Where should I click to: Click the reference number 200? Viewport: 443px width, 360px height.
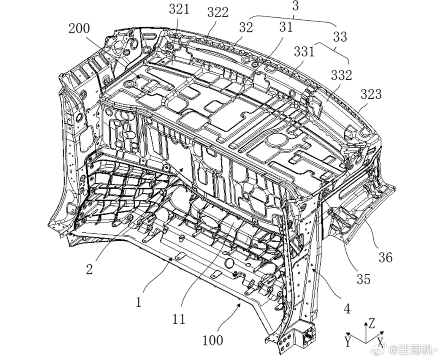[79, 28]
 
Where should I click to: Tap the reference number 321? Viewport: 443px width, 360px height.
[179, 9]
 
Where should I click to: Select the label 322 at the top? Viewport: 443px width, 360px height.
[218, 12]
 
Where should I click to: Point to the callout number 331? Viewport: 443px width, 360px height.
[304, 52]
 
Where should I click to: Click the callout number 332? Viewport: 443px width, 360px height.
[342, 75]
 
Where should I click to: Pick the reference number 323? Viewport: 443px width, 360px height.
[371, 94]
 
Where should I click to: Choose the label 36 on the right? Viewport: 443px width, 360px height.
[386, 258]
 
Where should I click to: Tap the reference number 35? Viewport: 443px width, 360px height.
[363, 279]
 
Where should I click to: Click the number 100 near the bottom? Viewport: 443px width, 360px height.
[213, 340]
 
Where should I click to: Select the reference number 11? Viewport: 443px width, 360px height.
[179, 319]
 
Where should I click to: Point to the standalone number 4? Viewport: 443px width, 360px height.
[347, 309]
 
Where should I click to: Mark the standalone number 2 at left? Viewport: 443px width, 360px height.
[89, 269]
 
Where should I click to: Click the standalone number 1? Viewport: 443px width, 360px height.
[138, 302]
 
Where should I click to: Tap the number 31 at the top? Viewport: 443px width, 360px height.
[286, 27]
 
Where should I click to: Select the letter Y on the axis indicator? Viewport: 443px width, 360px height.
[348, 342]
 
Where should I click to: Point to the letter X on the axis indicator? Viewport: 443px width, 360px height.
[380, 341]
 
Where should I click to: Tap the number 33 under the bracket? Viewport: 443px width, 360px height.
[340, 37]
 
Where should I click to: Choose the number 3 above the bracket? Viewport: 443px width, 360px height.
[295, 6]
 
